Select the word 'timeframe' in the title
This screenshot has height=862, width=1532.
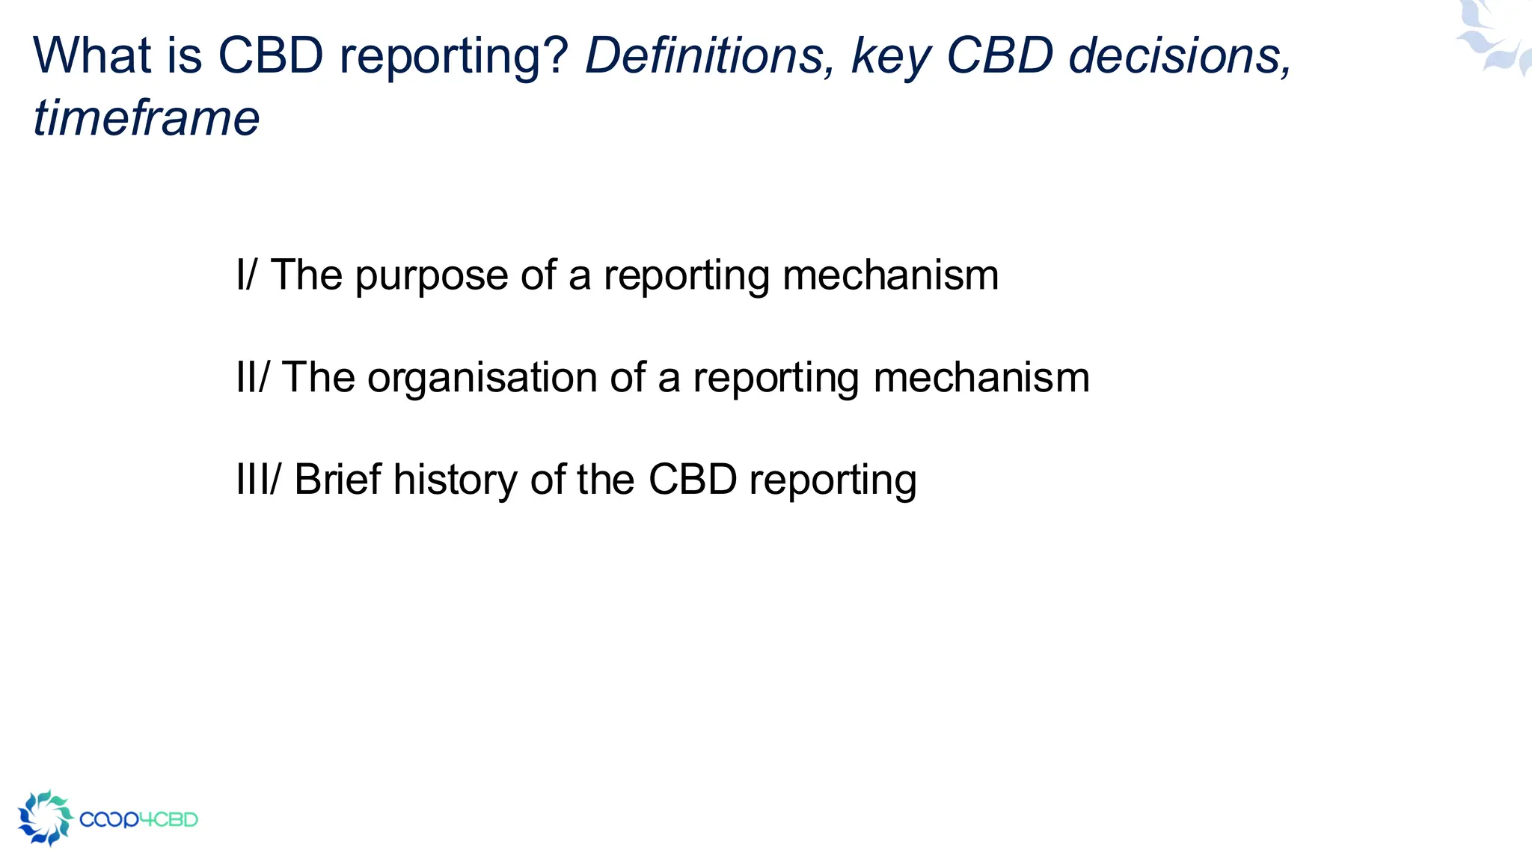click(147, 118)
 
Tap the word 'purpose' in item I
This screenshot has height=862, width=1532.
click(432, 276)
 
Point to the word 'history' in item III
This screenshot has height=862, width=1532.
click(455, 480)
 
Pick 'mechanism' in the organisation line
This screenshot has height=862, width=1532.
click(981, 377)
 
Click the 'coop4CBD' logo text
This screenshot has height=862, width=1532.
click(138, 819)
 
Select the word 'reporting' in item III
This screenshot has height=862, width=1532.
click(833, 480)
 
